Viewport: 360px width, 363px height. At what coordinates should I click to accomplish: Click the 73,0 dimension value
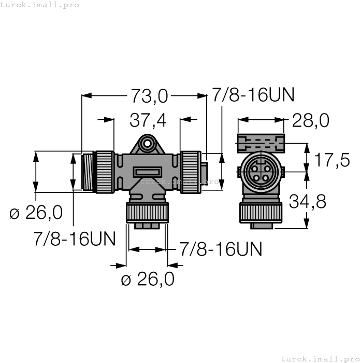click(x=149, y=95)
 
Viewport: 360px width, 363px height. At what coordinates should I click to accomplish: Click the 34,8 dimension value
click(x=308, y=201)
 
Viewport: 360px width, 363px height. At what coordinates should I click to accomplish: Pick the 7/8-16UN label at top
click(x=253, y=95)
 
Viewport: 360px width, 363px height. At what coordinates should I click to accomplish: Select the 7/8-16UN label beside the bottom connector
click(x=221, y=249)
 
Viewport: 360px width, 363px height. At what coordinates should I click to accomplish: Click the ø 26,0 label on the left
click(x=36, y=212)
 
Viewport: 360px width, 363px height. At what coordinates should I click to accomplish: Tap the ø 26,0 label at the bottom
click(x=148, y=280)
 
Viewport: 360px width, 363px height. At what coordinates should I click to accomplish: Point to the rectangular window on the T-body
click(x=148, y=172)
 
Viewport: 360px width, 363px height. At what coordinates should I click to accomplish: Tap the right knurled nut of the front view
click(x=191, y=171)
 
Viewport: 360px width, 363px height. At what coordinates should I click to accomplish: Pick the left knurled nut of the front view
click(x=105, y=172)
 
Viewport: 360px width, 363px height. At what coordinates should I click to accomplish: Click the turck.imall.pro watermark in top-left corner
click(x=40, y=5)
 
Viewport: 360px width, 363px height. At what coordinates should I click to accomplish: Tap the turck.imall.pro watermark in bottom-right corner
click(x=320, y=358)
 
